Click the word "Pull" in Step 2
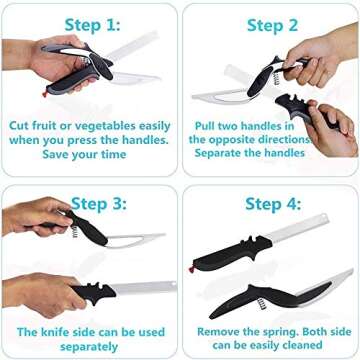tap(208, 125)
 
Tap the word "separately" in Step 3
tap(87, 345)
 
